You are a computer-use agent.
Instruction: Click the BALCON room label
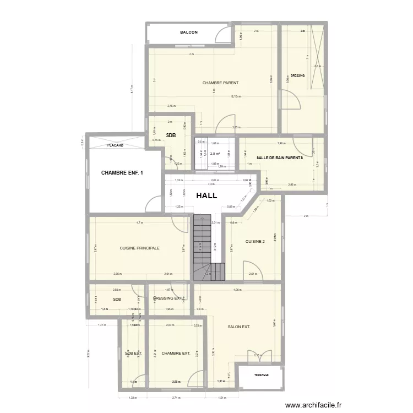point(189,32)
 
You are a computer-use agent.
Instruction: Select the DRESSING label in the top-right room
point(298,75)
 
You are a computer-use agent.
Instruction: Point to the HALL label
point(206,195)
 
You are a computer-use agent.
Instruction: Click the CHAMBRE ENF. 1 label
point(122,173)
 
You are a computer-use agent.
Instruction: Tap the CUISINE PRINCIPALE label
point(139,248)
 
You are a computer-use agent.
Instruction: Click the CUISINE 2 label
point(255,241)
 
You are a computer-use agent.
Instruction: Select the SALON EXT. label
point(239,327)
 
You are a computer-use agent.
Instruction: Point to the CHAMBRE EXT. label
point(176,354)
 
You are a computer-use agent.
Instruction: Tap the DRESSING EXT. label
point(169,298)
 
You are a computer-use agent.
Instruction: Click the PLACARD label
point(115,145)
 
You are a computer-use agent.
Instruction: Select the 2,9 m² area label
point(215,154)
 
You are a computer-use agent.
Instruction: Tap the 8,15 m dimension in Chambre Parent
point(236,96)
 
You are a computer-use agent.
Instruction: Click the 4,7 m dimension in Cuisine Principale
point(140,222)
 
